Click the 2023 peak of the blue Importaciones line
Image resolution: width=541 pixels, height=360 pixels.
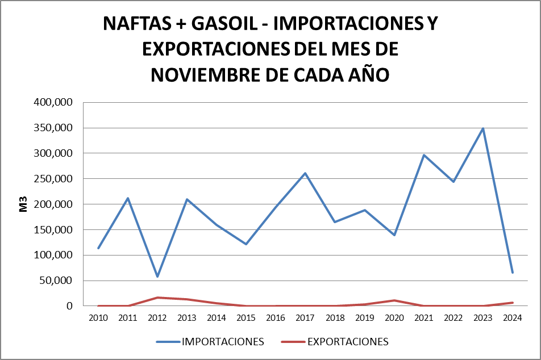coord(483,128)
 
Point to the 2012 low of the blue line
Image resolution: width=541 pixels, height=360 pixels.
coord(157,277)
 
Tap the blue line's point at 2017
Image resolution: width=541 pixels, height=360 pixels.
coord(305,173)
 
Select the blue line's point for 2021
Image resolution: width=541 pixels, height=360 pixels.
coord(424,155)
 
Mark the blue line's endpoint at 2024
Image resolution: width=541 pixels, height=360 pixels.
coord(513,273)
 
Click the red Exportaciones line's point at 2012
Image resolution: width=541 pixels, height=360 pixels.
coord(157,298)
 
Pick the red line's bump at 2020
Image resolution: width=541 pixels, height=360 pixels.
coord(394,300)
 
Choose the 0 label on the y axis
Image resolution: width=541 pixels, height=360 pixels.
coord(70,306)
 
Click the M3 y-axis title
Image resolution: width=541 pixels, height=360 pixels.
coord(23,205)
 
